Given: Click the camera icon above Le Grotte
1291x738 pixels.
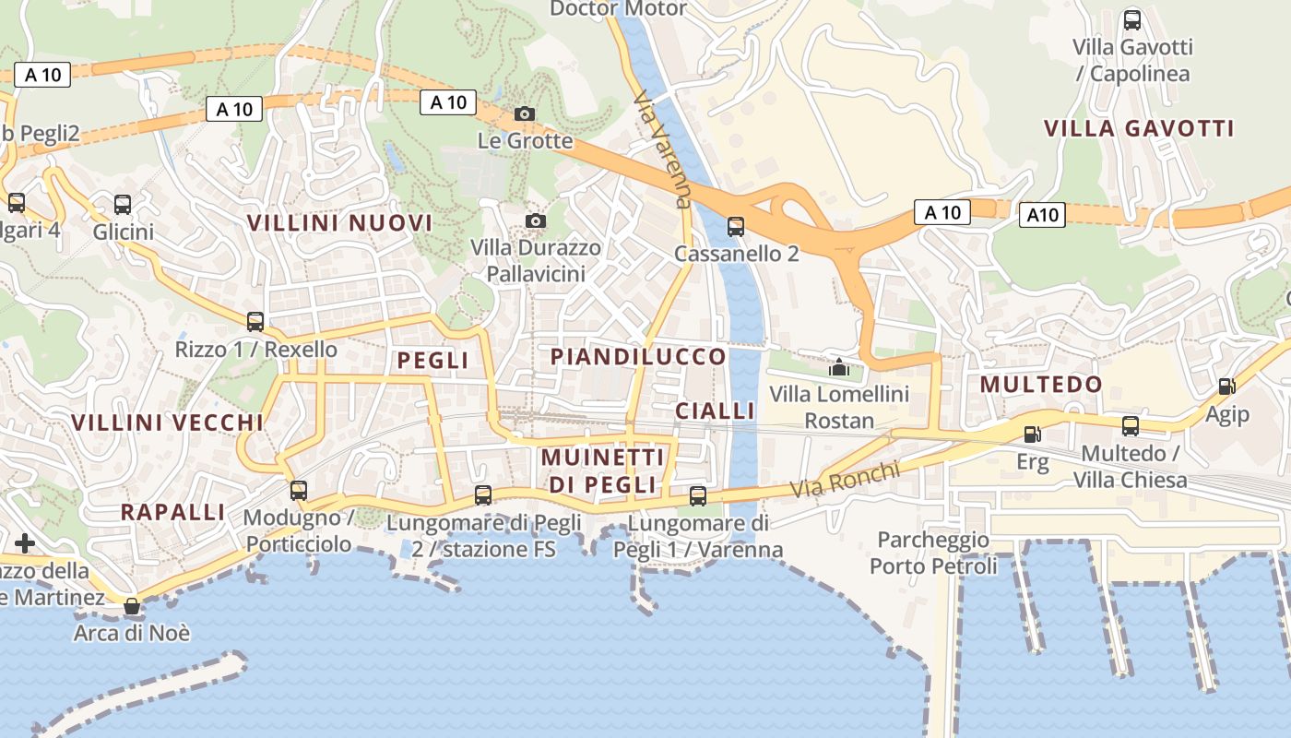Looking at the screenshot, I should (x=525, y=113).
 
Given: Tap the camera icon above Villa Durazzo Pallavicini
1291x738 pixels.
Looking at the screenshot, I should (x=535, y=220).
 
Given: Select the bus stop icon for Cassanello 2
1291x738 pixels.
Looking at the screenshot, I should (x=735, y=226).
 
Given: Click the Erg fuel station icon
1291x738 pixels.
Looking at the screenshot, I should (x=1033, y=434).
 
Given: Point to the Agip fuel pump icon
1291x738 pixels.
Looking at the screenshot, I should (x=1226, y=387).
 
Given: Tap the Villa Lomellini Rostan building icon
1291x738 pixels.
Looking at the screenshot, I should (x=838, y=367).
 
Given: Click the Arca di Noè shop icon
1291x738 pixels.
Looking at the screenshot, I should (x=133, y=606).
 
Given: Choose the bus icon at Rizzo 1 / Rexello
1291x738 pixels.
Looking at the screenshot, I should (x=255, y=322).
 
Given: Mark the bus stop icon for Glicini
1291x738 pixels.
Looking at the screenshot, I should (x=123, y=204).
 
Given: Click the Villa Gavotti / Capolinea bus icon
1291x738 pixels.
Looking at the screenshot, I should (x=1131, y=19).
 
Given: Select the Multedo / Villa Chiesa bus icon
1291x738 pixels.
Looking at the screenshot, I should (x=1131, y=425).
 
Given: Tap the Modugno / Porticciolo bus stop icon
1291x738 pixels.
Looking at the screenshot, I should (x=298, y=491).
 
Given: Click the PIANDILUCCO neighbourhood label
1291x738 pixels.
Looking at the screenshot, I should (x=638, y=356).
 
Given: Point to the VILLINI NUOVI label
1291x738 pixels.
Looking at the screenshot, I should (x=339, y=222).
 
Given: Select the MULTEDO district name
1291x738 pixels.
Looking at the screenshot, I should (x=1041, y=384).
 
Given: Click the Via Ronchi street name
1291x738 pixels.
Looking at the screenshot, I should (x=847, y=478).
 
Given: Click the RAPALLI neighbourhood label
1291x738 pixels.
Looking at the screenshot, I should (x=173, y=512).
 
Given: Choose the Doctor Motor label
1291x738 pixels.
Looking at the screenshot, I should (x=618, y=9).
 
